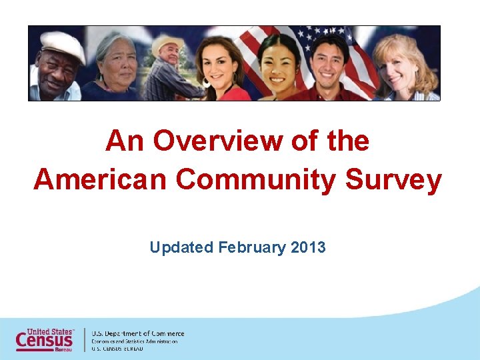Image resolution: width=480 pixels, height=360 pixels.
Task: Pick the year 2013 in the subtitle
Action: [x=308, y=248]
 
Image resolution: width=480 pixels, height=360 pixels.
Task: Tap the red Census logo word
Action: [x=44, y=340]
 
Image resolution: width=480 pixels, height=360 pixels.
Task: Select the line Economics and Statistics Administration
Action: [x=135, y=341]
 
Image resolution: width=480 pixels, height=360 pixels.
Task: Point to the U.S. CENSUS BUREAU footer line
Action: [x=122, y=349]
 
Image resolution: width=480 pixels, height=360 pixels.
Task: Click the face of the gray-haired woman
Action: [x=117, y=65]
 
